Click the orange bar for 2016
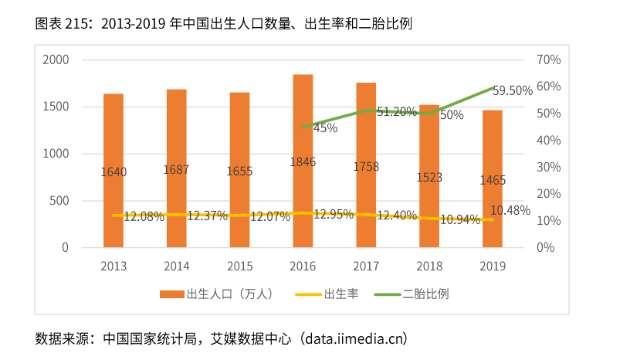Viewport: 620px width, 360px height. click(x=303, y=124)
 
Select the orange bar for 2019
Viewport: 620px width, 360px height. click(x=493, y=147)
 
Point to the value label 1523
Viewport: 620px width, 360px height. click(x=429, y=178)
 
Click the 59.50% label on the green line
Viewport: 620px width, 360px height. click(x=513, y=90)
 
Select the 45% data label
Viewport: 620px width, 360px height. click(x=325, y=128)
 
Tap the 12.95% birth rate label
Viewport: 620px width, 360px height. click(x=334, y=214)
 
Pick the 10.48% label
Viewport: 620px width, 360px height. click(x=510, y=210)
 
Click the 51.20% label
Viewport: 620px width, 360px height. click(x=396, y=112)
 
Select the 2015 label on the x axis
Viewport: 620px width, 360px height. click(x=239, y=267)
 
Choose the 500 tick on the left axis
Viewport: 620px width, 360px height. click(x=59, y=201)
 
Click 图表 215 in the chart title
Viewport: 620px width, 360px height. click(x=63, y=24)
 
